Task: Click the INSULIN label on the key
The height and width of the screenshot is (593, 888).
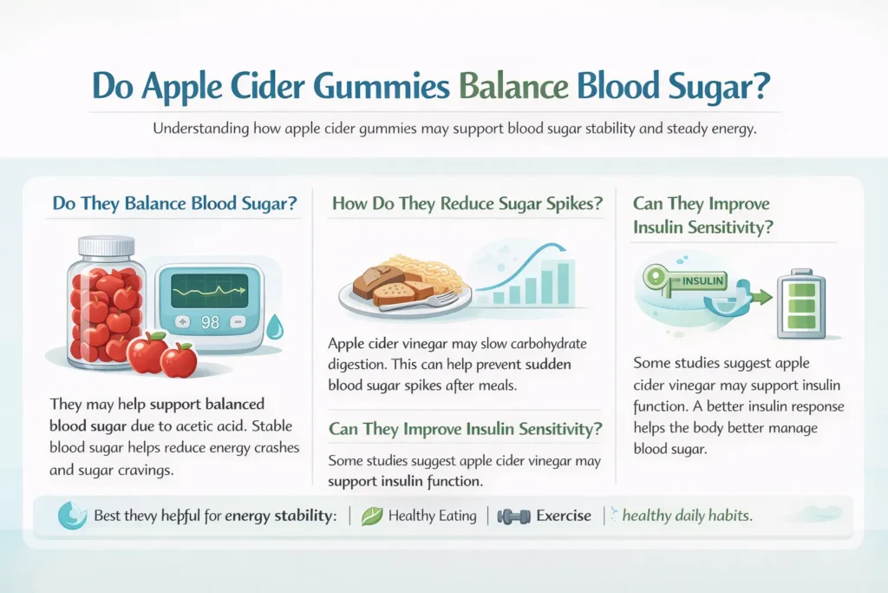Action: tap(702, 281)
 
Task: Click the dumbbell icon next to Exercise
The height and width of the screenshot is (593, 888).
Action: tap(513, 516)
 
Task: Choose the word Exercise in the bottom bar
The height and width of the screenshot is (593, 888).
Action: tap(564, 516)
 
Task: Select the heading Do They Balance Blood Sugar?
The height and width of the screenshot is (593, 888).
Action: tap(174, 204)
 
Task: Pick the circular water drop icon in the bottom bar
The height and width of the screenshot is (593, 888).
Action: tap(73, 516)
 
